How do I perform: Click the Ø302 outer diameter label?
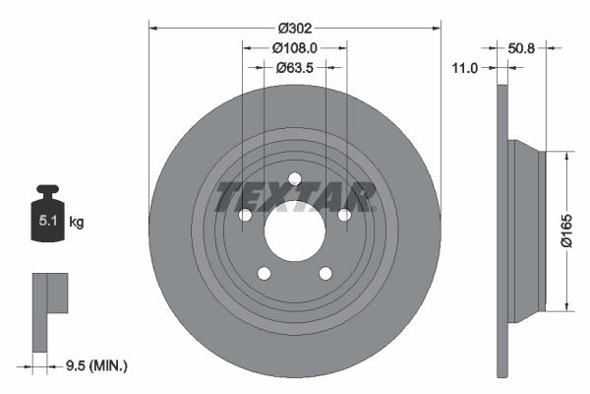(293, 29)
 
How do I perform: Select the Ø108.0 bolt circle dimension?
(294, 48)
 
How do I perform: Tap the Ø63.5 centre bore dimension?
(294, 68)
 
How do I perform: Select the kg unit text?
(77, 223)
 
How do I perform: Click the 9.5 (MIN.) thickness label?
(95, 365)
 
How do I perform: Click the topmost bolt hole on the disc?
(293, 179)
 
